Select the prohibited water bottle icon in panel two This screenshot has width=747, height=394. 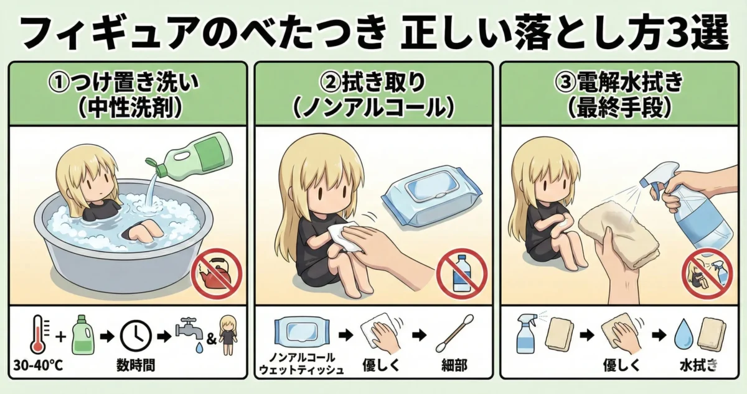461,274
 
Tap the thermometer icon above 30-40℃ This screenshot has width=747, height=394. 39,334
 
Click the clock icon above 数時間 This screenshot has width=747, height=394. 136,336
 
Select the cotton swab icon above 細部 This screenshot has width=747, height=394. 454,333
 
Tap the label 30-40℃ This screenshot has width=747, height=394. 38,365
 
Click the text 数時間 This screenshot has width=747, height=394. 136,365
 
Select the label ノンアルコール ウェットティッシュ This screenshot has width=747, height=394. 301,364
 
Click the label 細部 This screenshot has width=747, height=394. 454,365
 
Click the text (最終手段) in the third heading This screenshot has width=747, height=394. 619,108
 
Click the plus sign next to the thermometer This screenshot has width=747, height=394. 61,336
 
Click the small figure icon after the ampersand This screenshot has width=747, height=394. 228,334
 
